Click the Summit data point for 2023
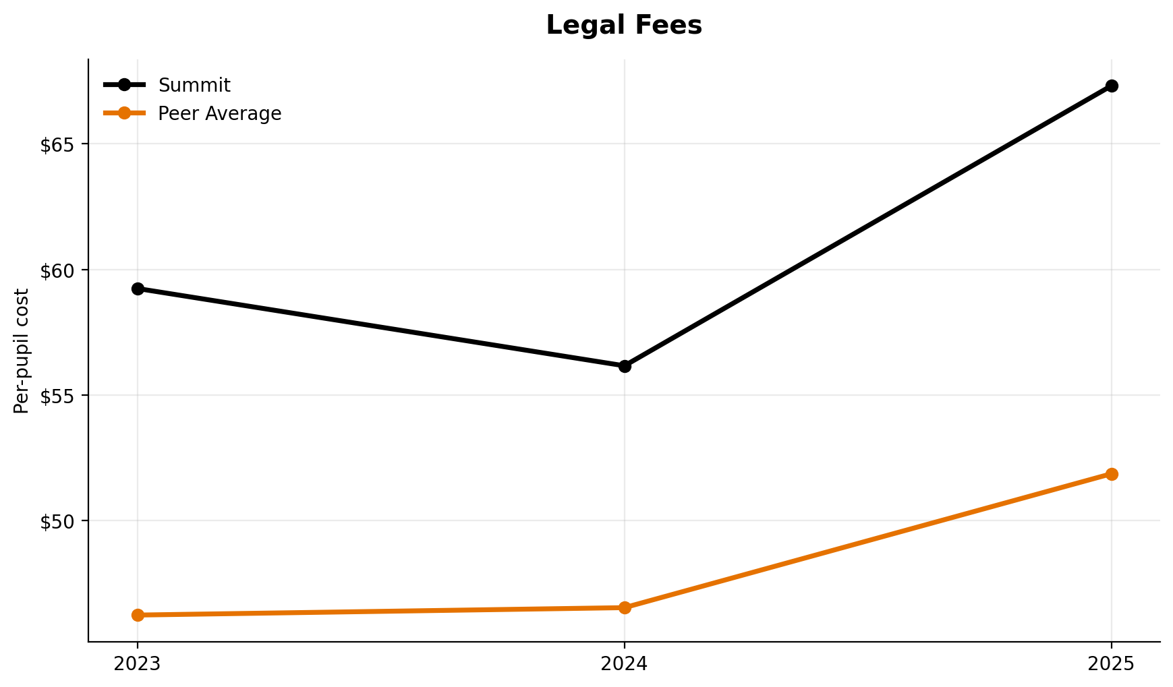[138, 289]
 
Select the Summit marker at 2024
[625, 366]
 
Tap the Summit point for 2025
[1112, 86]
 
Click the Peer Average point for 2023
[138, 615]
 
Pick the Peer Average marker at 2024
[625, 607]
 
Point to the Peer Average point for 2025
[1112, 474]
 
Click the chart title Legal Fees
[624, 26]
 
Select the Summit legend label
[194, 86]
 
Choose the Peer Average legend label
[219, 113]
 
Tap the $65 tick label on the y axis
[57, 144]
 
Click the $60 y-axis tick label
[57, 270]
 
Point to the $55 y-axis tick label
[57, 395]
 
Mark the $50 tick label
[57, 520]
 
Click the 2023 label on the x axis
[138, 664]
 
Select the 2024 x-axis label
[625, 664]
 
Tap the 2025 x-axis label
[1112, 664]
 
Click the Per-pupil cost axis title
[22, 351]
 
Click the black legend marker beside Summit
[124, 85]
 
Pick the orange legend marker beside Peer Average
[124, 113]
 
